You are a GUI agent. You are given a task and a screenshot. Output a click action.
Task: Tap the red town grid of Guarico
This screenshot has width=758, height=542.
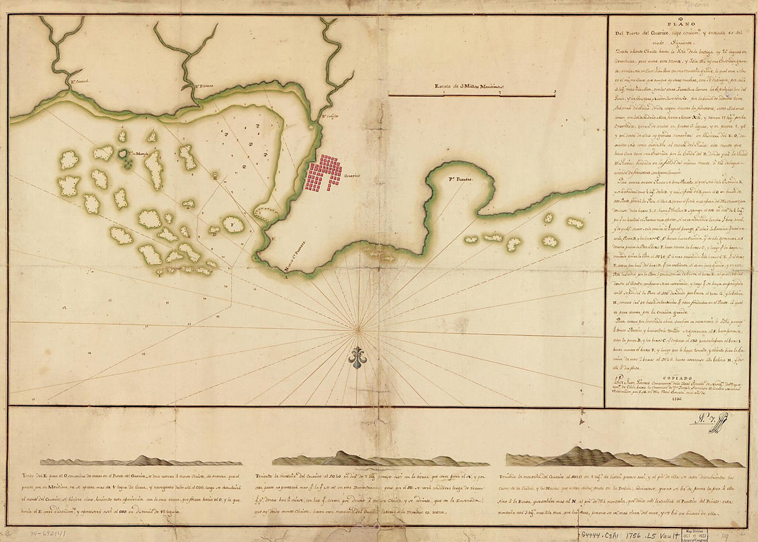(324, 174)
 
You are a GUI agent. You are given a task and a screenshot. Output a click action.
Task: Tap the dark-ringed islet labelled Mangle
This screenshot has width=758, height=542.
(125, 156)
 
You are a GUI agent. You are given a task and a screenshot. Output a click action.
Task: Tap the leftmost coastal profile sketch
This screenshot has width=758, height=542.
(141, 461)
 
